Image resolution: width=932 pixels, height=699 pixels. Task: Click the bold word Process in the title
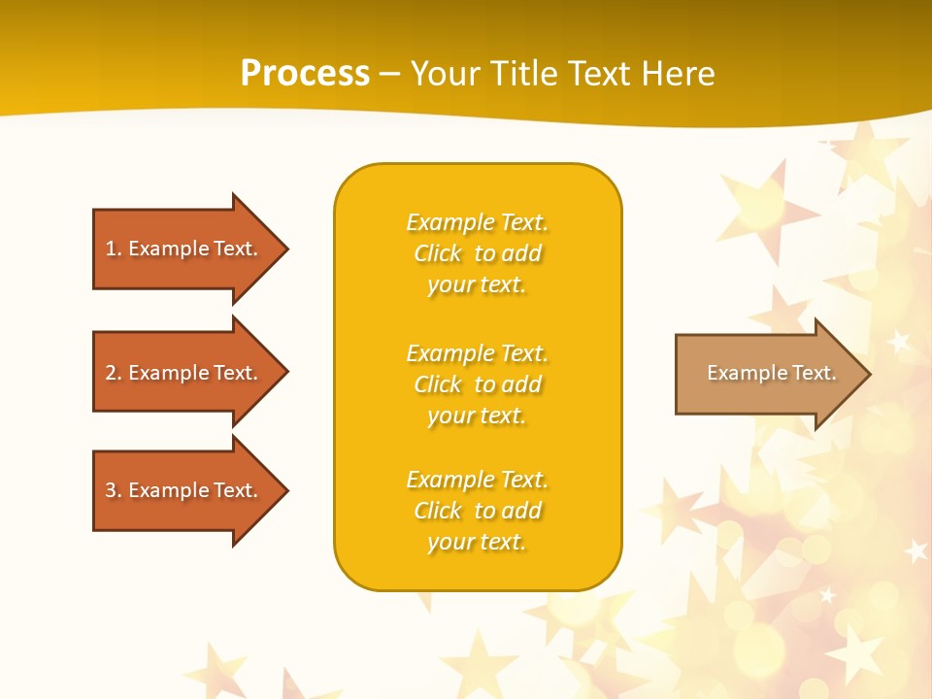pyautogui.click(x=305, y=74)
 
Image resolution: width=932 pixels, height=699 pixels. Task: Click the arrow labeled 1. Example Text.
pyautogui.click(x=184, y=249)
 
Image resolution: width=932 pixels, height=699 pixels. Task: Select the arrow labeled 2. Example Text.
pyautogui.click(x=184, y=373)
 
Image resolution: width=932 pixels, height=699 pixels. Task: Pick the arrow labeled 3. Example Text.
pyautogui.click(x=184, y=490)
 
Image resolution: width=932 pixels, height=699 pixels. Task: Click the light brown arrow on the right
pyautogui.click(x=767, y=374)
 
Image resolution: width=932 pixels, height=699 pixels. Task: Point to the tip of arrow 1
pyautogui.click(x=285, y=249)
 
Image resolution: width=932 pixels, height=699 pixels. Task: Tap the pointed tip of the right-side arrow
pyautogui.click(x=868, y=374)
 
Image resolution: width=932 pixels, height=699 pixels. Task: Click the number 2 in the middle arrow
pyautogui.click(x=111, y=373)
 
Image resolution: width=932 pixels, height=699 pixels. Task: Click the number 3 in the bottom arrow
pyautogui.click(x=111, y=490)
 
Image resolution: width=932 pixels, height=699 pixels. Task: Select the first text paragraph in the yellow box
pyautogui.click(x=477, y=253)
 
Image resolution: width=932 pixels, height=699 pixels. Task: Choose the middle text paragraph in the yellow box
pyautogui.click(x=477, y=384)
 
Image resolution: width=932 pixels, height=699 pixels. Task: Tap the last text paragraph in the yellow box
pyautogui.click(x=477, y=511)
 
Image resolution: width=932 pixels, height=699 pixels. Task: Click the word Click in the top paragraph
pyautogui.click(x=438, y=253)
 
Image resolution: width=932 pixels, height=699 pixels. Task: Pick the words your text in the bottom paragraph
pyautogui.click(x=477, y=542)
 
